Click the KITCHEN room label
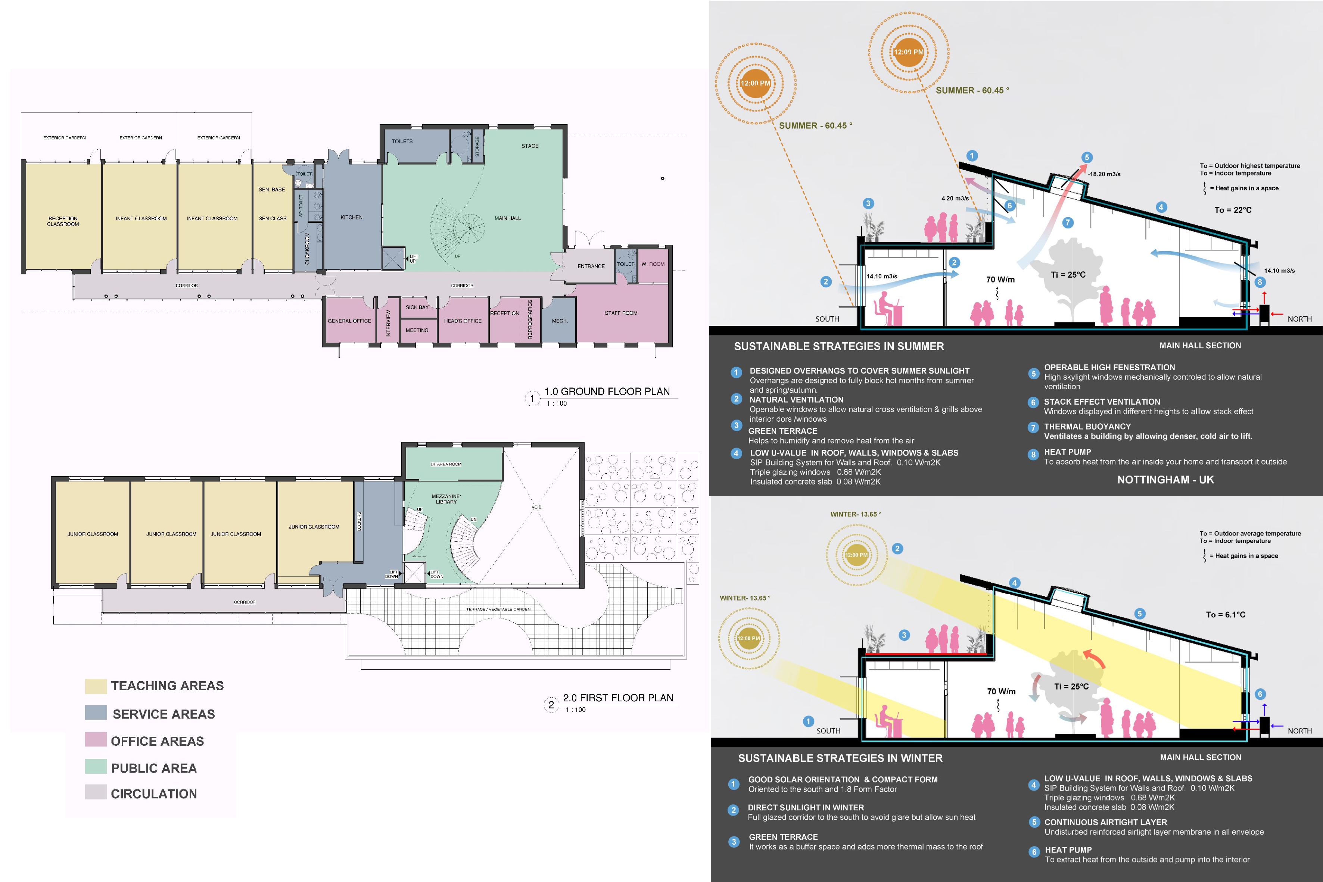tap(352, 217)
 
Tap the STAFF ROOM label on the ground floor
tap(621, 313)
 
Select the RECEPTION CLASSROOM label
tap(63, 221)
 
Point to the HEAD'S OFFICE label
tap(463, 321)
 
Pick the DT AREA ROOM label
tap(446, 464)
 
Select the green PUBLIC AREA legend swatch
tap(96, 766)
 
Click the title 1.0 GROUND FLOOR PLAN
tap(607, 392)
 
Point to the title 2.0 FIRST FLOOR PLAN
tap(618, 698)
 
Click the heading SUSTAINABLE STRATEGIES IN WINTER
tap(840, 758)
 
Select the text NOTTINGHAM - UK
tap(1165, 480)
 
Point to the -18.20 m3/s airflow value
tap(1104, 174)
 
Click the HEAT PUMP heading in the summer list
tap(1068, 452)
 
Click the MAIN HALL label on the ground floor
tap(507, 218)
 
